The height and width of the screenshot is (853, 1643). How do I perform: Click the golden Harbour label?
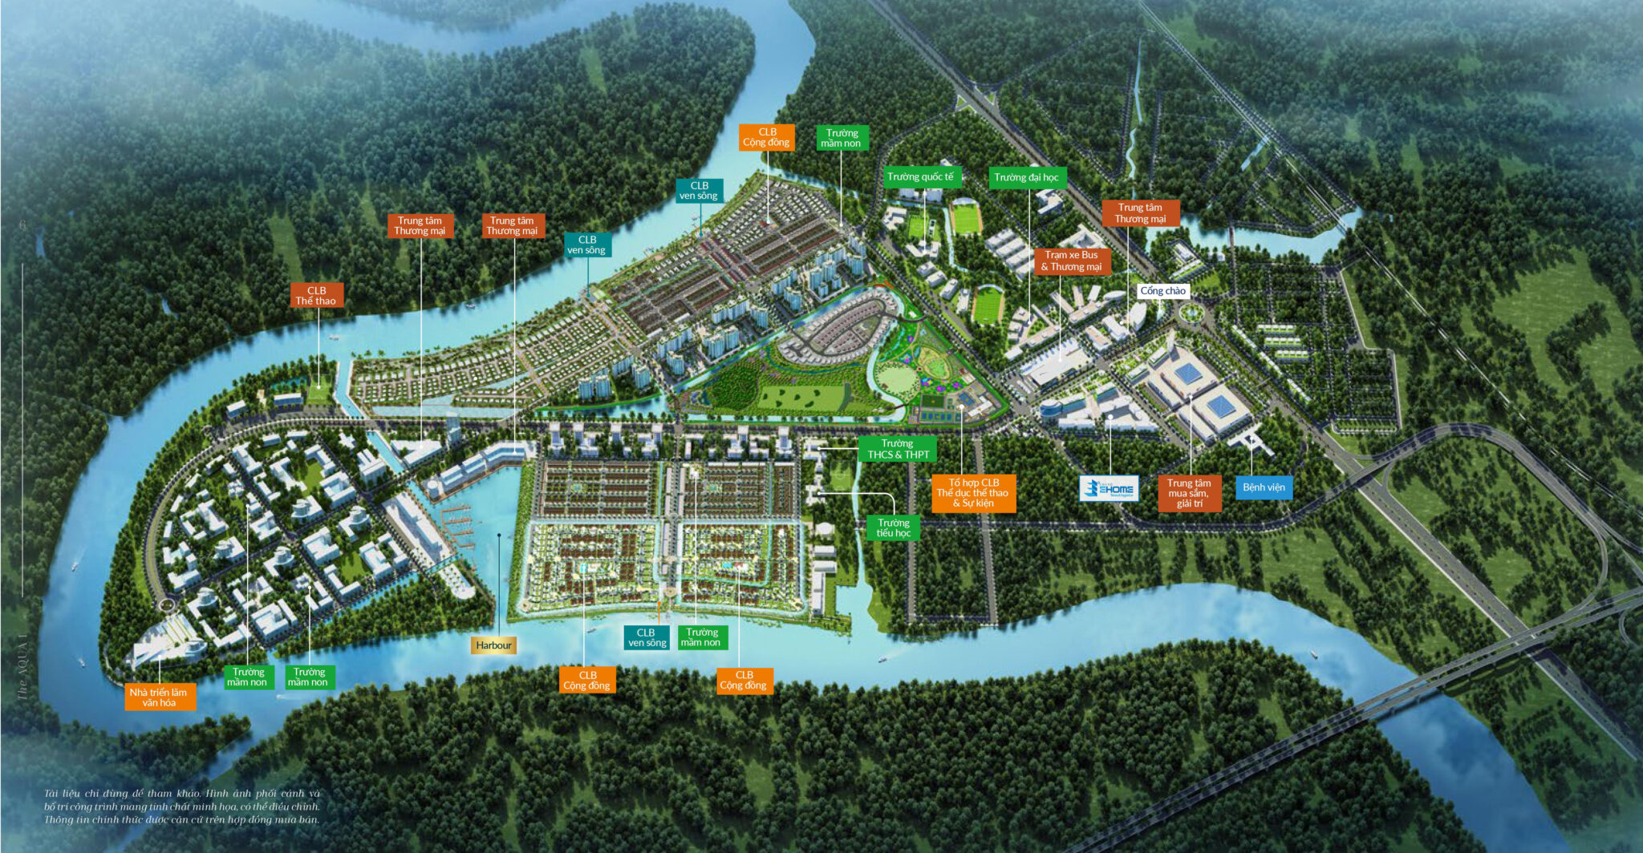pyautogui.click(x=493, y=645)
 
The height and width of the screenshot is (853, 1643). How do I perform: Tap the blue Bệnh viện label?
pyautogui.click(x=1264, y=487)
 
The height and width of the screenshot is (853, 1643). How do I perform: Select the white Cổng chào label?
pyautogui.click(x=1162, y=291)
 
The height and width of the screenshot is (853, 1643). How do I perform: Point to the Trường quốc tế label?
pyautogui.click(x=920, y=177)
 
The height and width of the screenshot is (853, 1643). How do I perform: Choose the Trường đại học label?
pyautogui.click(x=1026, y=178)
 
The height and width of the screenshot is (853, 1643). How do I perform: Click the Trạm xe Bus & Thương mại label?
pyautogui.click(x=1071, y=261)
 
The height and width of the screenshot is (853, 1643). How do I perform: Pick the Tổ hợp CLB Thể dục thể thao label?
pyautogui.click(x=973, y=493)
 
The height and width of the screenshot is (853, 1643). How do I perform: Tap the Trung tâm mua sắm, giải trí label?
pyautogui.click(x=1189, y=493)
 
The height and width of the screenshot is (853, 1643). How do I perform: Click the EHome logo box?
pyautogui.click(x=1109, y=489)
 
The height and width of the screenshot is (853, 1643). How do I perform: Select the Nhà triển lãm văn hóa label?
pyautogui.click(x=159, y=697)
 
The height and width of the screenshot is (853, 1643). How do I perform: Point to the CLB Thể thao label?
pyautogui.click(x=316, y=296)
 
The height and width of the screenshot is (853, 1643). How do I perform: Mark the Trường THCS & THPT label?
pyautogui.click(x=898, y=449)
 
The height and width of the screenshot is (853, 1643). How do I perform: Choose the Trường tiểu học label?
pyautogui.click(x=893, y=528)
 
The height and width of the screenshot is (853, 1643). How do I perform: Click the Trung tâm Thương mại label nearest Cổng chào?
pyautogui.click(x=1140, y=213)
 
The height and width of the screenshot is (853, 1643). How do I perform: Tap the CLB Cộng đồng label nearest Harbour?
pyautogui.click(x=587, y=680)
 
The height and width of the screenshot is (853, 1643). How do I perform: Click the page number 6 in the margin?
pyautogui.click(x=22, y=225)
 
